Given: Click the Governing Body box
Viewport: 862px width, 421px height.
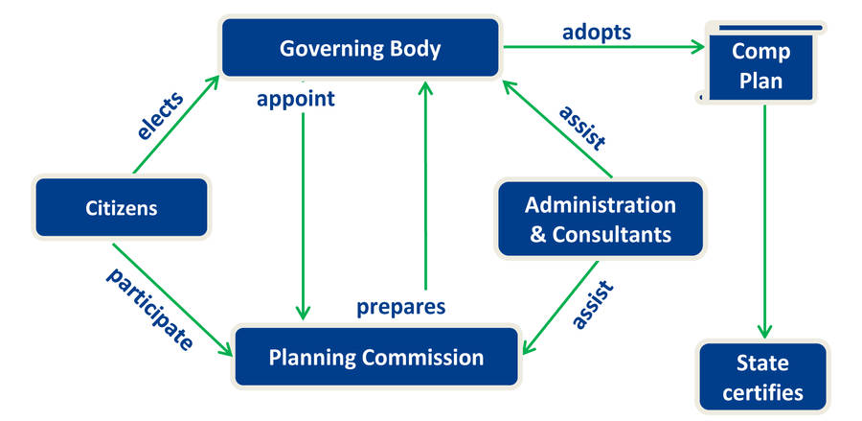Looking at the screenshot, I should pyautogui.click(x=360, y=47).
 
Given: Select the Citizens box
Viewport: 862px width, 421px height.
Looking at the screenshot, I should pyautogui.click(x=122, y=207).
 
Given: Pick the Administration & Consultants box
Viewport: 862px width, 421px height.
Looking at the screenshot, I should pyautogui.click(x=600, y=219).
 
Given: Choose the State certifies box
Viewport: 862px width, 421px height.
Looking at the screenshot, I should pyautogui.click(x=762, y=378).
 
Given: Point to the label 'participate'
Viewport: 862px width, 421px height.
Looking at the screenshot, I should pyautogui.click(x=149, y=309).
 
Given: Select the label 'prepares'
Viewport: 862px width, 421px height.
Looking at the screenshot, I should pyautogui.click(x=401, y=307).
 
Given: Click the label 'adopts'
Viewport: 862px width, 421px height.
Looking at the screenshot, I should pyautogui.click(x=596, y=32).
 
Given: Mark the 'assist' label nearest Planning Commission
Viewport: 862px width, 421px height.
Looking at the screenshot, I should pyautogui.click(x=592, y=304).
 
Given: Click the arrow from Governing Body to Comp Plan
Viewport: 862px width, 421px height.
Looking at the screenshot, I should pyautogui.click(x=600, y=46).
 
